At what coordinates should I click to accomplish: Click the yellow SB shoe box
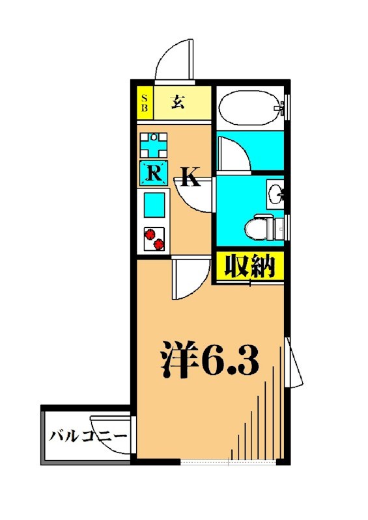145,103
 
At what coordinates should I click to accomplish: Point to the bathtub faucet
281,106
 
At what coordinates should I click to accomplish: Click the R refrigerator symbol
154,173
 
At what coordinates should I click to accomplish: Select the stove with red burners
154,239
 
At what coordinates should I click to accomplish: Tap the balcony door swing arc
111,421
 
